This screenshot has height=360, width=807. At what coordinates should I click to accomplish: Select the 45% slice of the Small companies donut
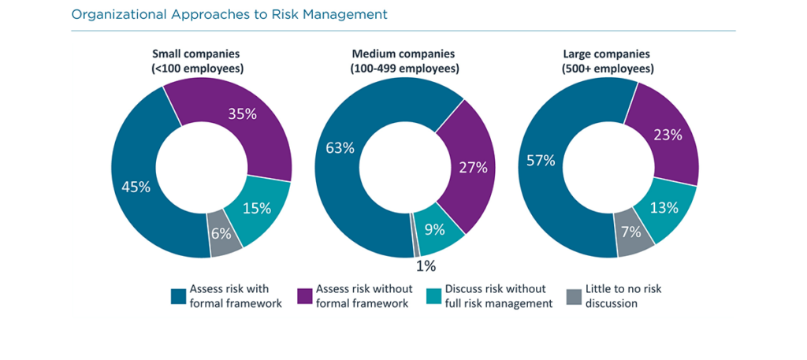(x=136, y=187)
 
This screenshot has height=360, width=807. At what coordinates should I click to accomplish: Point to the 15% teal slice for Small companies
(x=257, y=208)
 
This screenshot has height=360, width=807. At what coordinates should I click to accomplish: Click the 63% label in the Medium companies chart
(x=340, y=147)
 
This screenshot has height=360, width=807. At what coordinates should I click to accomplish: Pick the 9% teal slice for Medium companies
(x=435, y=230)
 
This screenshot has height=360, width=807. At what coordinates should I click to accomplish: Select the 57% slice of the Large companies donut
(x=542, y=161)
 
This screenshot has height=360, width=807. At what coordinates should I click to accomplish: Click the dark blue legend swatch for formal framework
(x=178, y=296)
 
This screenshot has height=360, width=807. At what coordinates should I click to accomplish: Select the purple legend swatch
(x=304, y=296)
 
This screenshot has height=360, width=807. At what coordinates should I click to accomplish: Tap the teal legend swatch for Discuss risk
(x=431, y=296)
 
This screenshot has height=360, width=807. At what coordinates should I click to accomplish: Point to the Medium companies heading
(x=403, y=61)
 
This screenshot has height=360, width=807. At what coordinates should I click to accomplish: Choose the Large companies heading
(x=606, y=61)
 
